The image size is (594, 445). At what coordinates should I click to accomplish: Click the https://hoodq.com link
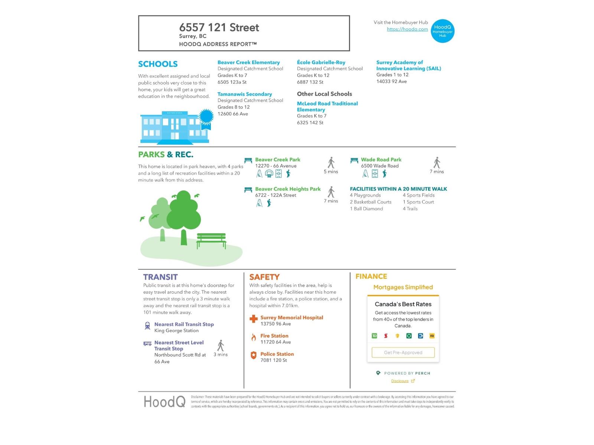407,29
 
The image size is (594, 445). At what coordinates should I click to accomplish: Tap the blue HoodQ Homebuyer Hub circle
443,31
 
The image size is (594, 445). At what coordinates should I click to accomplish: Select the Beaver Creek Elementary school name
248,62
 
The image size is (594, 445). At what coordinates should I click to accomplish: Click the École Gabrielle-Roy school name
321,62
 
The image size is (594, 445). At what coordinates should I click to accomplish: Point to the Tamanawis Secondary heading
244,94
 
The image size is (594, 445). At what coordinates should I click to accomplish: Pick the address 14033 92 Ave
391,82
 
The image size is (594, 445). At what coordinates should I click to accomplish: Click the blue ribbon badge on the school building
206,118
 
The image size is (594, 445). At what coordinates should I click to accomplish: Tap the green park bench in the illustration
211,240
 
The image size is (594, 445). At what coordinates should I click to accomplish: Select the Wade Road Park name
381,159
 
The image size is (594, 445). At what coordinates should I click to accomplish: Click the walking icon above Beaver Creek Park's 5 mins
331,163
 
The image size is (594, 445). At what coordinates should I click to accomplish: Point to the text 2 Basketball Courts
370,202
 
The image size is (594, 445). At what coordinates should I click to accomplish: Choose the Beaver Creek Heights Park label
288,189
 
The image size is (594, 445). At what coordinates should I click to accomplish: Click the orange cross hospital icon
254,319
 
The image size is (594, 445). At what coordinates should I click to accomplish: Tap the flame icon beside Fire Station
254,337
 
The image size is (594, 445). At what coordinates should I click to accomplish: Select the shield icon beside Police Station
254,355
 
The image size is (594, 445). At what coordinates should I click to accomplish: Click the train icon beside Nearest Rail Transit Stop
147,326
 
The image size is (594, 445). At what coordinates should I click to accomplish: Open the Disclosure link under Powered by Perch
400,381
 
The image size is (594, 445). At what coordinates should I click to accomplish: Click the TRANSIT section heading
160,277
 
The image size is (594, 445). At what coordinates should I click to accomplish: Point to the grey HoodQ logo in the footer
164,402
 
